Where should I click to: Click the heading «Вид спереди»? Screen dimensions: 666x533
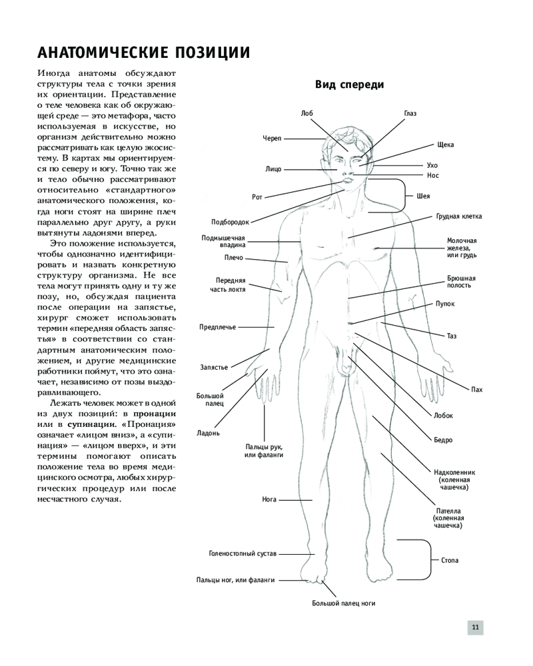350,85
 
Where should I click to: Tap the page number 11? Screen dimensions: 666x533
476,627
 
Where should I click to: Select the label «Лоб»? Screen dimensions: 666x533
306,114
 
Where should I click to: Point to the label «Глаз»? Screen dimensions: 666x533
410,114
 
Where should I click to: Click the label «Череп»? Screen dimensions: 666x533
272,138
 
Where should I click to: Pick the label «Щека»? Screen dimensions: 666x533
446,145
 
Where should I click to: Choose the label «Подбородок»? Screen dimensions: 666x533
230,222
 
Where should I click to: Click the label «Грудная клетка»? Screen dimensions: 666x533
459,216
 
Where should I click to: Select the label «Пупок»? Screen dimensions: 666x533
445,304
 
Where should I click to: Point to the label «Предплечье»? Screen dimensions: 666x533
218,327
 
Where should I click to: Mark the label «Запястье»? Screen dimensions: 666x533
215,367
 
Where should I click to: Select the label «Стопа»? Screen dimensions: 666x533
450,561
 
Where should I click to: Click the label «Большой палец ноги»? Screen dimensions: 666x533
344,603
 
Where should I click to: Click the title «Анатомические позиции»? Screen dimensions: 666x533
144,51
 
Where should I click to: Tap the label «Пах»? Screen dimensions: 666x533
476,390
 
